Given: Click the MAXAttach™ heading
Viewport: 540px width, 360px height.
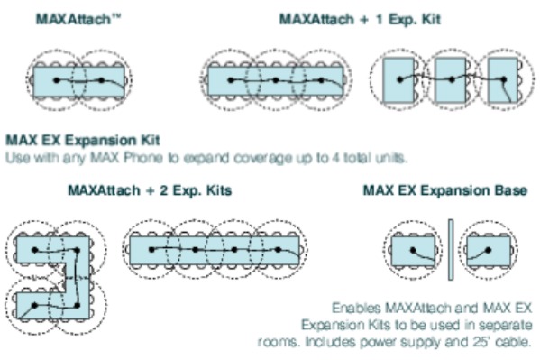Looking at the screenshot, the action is [78, 19].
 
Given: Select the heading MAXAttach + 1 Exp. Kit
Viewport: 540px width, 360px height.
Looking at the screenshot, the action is [360, 19].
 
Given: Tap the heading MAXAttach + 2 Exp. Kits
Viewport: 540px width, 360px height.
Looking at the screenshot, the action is [150, 190].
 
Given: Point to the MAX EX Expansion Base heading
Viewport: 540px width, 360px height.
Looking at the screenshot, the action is [445, 190].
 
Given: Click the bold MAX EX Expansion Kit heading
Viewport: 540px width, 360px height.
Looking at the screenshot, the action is [83, 141].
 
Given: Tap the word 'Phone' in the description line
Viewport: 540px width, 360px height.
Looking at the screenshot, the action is [143, 158].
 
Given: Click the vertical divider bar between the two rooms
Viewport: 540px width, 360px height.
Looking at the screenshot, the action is [451, 250].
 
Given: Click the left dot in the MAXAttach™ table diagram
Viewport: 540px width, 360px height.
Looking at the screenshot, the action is [57, 80].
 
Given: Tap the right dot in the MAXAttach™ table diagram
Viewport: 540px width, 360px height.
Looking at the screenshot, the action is [101, 80].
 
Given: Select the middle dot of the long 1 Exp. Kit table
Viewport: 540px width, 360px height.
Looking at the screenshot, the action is [276, 80].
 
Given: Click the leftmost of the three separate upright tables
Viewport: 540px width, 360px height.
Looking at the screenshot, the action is [398, 80].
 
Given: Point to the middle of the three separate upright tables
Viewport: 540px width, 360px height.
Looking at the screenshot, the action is [450, 80].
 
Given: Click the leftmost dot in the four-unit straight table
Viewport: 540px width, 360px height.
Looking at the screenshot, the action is [151, 249].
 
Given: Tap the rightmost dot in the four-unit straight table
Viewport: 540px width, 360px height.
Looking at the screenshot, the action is [279, 249].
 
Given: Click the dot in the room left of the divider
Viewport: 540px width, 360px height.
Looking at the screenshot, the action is [413, 250].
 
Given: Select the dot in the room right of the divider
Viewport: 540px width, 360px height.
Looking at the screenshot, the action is [488, 250].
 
